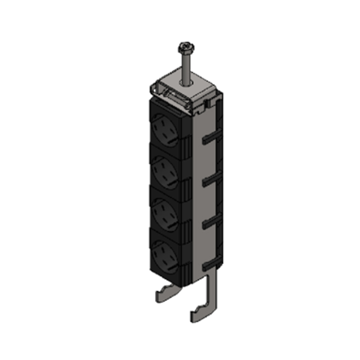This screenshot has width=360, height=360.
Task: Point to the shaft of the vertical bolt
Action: point(186,65)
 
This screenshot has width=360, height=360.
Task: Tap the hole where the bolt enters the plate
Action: point(186,83)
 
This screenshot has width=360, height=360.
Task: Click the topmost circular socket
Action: point(165,129)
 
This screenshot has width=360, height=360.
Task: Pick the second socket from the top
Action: point(164,170)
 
